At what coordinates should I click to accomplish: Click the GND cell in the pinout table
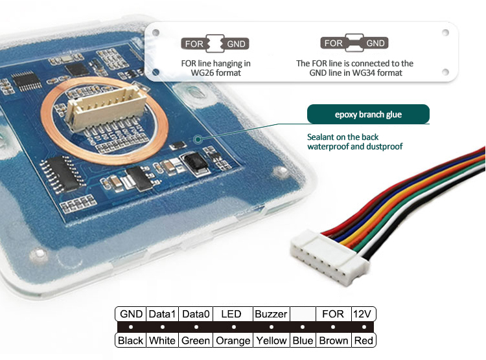click(131, 314)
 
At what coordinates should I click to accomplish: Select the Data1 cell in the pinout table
click(162, 314)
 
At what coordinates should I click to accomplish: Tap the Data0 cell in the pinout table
click(195, 314)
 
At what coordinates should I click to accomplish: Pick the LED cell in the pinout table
click(231, 314)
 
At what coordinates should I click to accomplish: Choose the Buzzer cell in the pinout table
click(271, 314)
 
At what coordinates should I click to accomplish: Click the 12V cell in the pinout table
click(363, 314)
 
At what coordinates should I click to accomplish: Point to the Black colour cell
click(131, 340)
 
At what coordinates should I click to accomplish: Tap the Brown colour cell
click(333, 340)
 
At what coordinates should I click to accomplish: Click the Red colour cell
click(363, 340)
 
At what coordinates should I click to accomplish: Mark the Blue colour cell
click(303, 340)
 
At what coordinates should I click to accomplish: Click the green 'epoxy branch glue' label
click(368, 115)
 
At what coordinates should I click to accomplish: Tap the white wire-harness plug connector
click(327, 255)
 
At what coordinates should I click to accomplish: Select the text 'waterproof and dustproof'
click(355, 147)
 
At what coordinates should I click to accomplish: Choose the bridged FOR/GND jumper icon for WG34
click(354, 43)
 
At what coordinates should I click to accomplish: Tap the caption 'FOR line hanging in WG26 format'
click(216, 69)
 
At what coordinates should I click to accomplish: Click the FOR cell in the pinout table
click(333, 314)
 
